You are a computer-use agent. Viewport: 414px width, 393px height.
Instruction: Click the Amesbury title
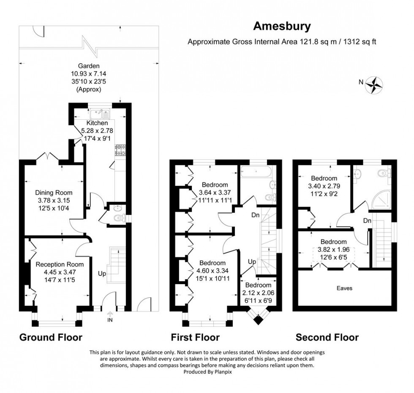click(282, 26)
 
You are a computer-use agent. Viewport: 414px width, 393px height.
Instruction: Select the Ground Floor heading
click(51, 337)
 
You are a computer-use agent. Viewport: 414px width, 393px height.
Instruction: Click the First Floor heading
click(195, 337)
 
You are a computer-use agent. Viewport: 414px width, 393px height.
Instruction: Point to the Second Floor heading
click(327, 337)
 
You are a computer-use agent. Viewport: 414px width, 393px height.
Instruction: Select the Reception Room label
click(60, 264)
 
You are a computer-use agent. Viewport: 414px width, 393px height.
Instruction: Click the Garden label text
click(88, 66)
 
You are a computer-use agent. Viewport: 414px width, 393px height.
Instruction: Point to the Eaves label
click(344, 288)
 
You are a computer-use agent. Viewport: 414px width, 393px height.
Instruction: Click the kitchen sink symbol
click(101, 113)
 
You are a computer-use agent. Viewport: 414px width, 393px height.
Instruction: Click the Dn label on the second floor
click(368, 220)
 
